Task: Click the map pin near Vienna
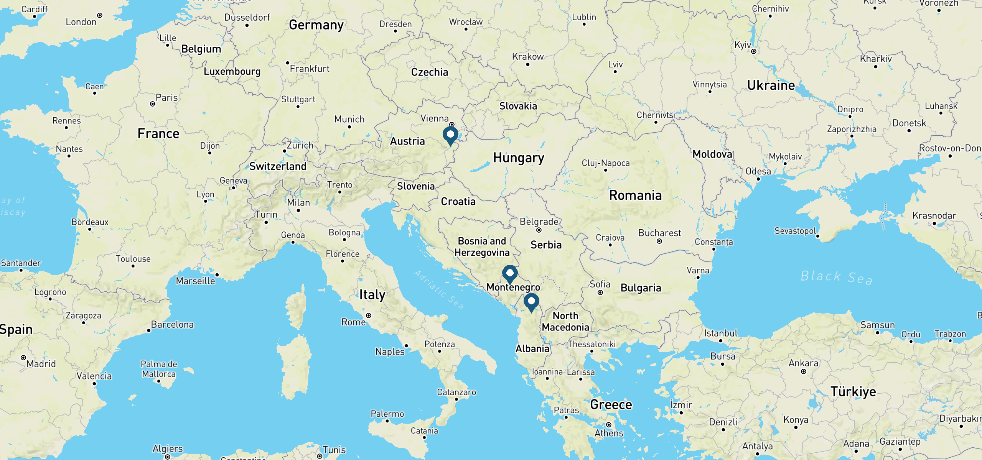pos(450,135)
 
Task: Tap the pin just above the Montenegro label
pos(510,274)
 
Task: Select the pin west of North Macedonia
pos(531,302)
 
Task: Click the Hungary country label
pos(519,158)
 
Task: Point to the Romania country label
pos(635,195)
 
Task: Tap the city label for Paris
pos(166,98)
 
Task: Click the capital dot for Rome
pos(369,315)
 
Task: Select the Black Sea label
pos(836,277)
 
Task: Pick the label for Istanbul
pos(720,333)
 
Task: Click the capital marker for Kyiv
pos(754,51)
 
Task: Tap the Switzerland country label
pos(278,166)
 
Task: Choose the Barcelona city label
pos(172,325)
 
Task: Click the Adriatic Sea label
pos(439,289)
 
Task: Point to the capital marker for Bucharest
pos(659,242)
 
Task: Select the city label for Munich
pos(349,119)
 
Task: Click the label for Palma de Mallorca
pos(159,369)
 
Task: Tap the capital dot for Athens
pos(609,425)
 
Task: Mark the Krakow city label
pos(528,57)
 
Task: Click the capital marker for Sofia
pos(600,292)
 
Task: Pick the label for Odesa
pos(758,171)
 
